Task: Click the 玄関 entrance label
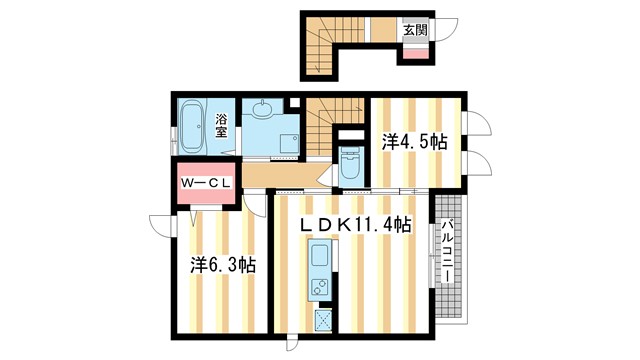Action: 415,30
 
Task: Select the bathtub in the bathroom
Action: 192,127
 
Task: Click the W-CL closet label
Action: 206,183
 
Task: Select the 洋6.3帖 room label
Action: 222,265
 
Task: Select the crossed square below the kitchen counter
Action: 324,320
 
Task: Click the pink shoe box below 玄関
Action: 414,52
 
